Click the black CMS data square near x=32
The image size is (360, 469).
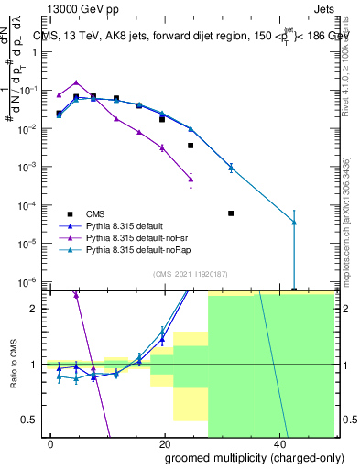tap(231, 213)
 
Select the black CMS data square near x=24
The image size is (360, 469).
tap(191, 146)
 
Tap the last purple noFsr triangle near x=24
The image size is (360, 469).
tap(191, 179)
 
